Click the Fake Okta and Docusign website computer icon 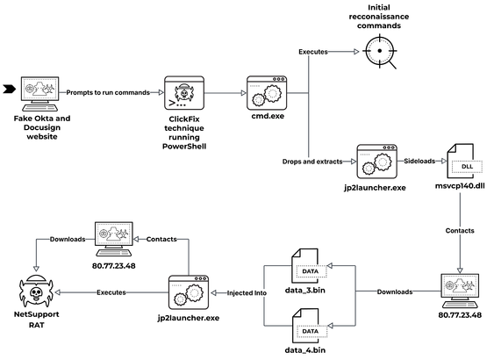point(39,94)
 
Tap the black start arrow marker point(9,90)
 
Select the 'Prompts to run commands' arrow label point(108,93)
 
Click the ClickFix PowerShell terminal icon point(184,93)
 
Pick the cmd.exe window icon point(267,93)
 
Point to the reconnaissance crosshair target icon point(380,52)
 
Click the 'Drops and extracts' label point(312,162)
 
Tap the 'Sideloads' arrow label point(419,161)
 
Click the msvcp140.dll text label point(460,186)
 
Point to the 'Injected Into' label point(247,293)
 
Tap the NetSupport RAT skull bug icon point(36,292)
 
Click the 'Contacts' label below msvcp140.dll point(460,231)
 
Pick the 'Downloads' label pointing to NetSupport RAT point(68,239)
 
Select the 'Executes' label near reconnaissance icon point(313,52)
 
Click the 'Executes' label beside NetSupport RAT point(111,292)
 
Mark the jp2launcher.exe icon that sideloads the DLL point(376,162)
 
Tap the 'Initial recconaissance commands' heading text point(379,17)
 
